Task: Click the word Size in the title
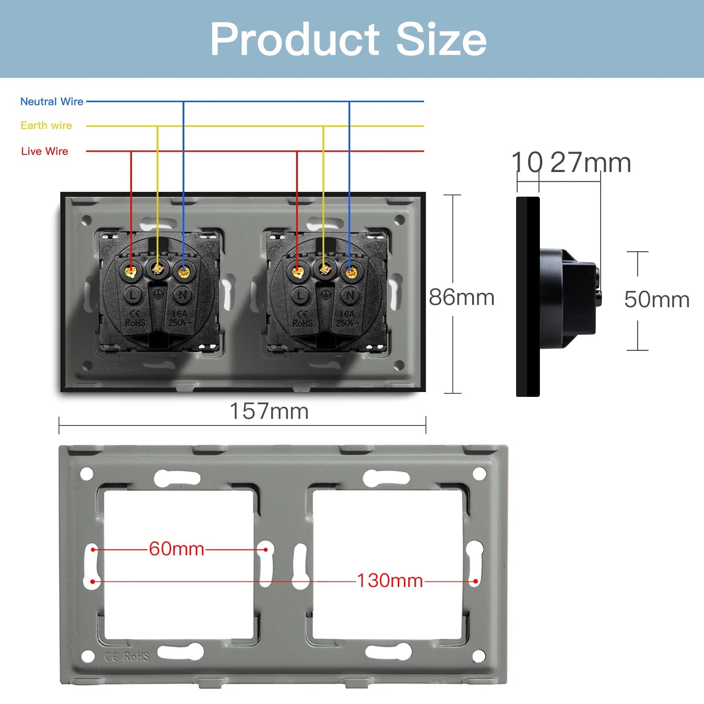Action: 441,40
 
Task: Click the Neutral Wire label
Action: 51,102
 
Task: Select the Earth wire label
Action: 46,125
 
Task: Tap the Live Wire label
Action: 44,151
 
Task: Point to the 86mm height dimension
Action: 462,297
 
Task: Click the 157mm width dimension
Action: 269,411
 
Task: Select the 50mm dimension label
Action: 656,300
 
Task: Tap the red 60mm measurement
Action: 176,549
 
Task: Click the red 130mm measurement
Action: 389,581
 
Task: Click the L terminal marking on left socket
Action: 132,295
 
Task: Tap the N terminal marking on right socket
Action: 350,295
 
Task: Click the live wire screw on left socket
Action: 131,271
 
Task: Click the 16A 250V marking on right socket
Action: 347,319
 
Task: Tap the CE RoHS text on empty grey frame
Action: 127,656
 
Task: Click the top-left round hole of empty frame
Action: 87,474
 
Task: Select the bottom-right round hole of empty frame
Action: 479,656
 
